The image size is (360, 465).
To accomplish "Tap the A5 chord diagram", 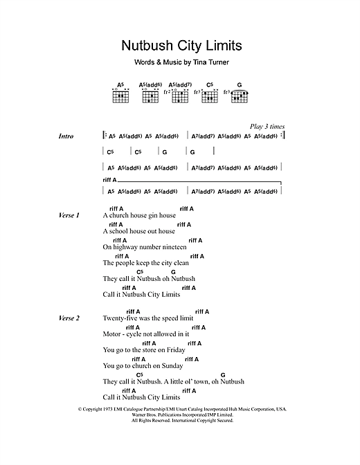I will point(120,95).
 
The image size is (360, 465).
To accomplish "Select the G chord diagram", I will point(239,95).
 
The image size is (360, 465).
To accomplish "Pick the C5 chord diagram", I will point(210,95).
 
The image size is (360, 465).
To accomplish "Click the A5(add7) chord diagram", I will point(179,95).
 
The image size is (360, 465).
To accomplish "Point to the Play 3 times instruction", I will point(267,127).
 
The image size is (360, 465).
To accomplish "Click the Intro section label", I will point(66,136).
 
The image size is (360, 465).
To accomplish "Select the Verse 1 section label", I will point(69,216).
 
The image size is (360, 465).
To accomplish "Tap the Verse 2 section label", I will point(69,318).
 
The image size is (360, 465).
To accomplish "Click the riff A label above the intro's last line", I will point(109,181).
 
